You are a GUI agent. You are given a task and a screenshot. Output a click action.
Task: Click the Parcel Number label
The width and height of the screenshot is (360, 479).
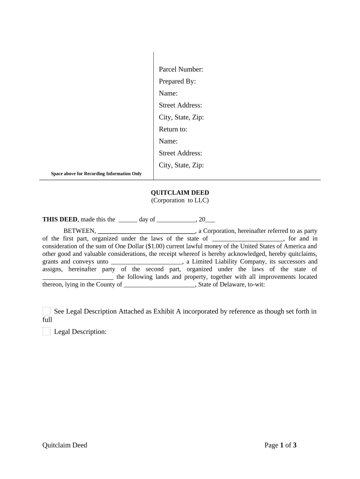pyautogui.click(x=181, y=70)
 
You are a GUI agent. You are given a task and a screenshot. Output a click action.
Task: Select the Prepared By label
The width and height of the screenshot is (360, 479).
pyautogui.click(x=177, y=81)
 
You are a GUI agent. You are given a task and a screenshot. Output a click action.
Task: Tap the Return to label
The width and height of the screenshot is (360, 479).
pyautogui.click(x=173, y=129)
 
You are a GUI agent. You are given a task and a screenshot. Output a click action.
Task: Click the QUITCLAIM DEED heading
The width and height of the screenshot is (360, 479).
pyautogui.click(x=180, y=193)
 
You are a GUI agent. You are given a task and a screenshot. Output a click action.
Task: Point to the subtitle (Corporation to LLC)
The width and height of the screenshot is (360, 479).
pyautogui.click(x=180, y=200)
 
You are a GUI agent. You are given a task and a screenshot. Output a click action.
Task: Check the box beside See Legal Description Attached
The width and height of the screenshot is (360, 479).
pyautogui.click(x=46, y=312)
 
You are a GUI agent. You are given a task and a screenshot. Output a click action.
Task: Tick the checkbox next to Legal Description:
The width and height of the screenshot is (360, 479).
pyautogui.click(x=46, y=332)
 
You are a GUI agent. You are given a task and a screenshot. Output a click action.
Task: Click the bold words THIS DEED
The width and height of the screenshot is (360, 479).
pyautogui.click(x=60, y=219)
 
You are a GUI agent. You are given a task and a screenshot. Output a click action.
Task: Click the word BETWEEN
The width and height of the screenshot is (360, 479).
pyautogui.click(x=79, y=231)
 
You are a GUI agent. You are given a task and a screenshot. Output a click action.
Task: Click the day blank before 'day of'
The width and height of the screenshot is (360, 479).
pyautogui.click(x=128, y=220)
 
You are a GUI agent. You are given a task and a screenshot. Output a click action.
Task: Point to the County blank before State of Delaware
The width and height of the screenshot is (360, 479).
pyautogui.click(x=159, y=285)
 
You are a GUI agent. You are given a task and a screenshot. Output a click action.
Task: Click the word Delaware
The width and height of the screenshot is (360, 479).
pyautogui.click(x=234, y=284)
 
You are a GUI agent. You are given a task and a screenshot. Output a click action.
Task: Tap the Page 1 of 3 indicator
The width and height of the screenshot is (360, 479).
pyautogui.click(x=281, y=445)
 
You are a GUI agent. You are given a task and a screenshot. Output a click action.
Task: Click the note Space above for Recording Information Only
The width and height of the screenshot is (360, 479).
pyautogui.click(x=96, y=174)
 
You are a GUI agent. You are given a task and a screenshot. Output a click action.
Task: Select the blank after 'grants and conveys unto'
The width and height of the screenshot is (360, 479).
pyautogui.click(x=146, y=262)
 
